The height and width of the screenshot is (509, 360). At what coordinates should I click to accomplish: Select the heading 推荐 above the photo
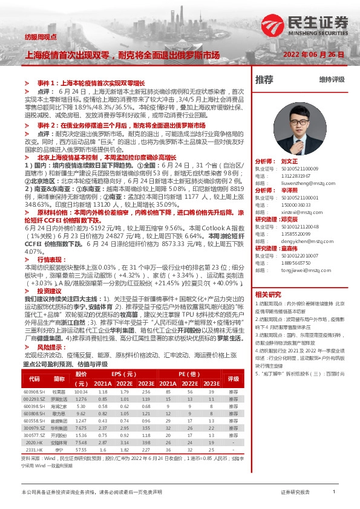pyautogui.click(x=264, y=80)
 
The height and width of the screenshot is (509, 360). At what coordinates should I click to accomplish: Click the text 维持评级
pyautogui.click(x=332, y=80)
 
